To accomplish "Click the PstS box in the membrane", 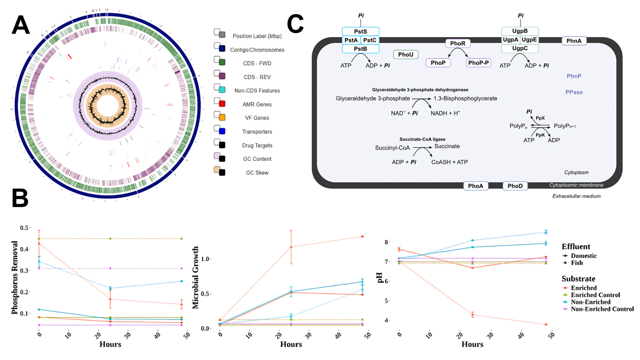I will (x=360, y=31).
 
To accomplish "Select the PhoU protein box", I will (x=405, y=55).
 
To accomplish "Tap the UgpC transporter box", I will (x=520, y=48).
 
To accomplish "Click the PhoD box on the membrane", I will (x=515, y=186).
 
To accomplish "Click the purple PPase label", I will (x=574, y=92).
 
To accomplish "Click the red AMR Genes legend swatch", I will (x=222, y=103).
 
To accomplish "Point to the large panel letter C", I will (x=296, y=23).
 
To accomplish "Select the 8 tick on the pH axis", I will (x=386, y=242).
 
